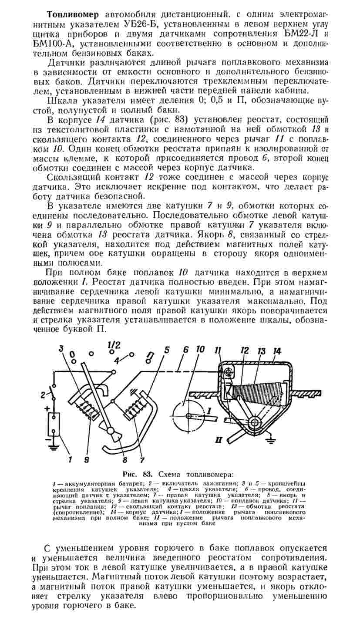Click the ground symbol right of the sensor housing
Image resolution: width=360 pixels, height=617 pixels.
coord(269,440)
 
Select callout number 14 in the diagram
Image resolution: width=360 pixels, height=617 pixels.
coord(277,351)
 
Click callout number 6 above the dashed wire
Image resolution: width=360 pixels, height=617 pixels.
coord(186,350)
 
